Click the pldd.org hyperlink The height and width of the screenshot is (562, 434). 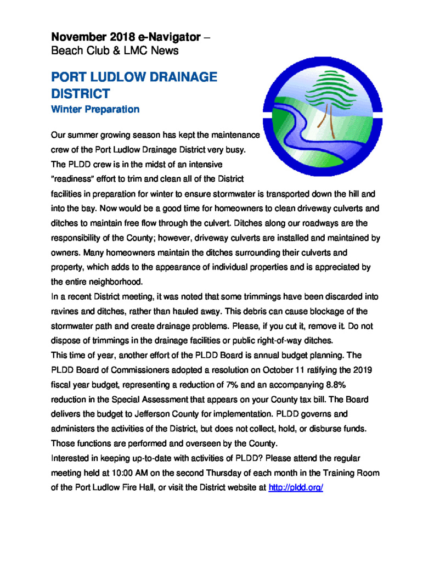(295, 487)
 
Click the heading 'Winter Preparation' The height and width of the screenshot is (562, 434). (95, 109)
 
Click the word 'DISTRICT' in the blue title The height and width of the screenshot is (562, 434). (80, 94)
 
